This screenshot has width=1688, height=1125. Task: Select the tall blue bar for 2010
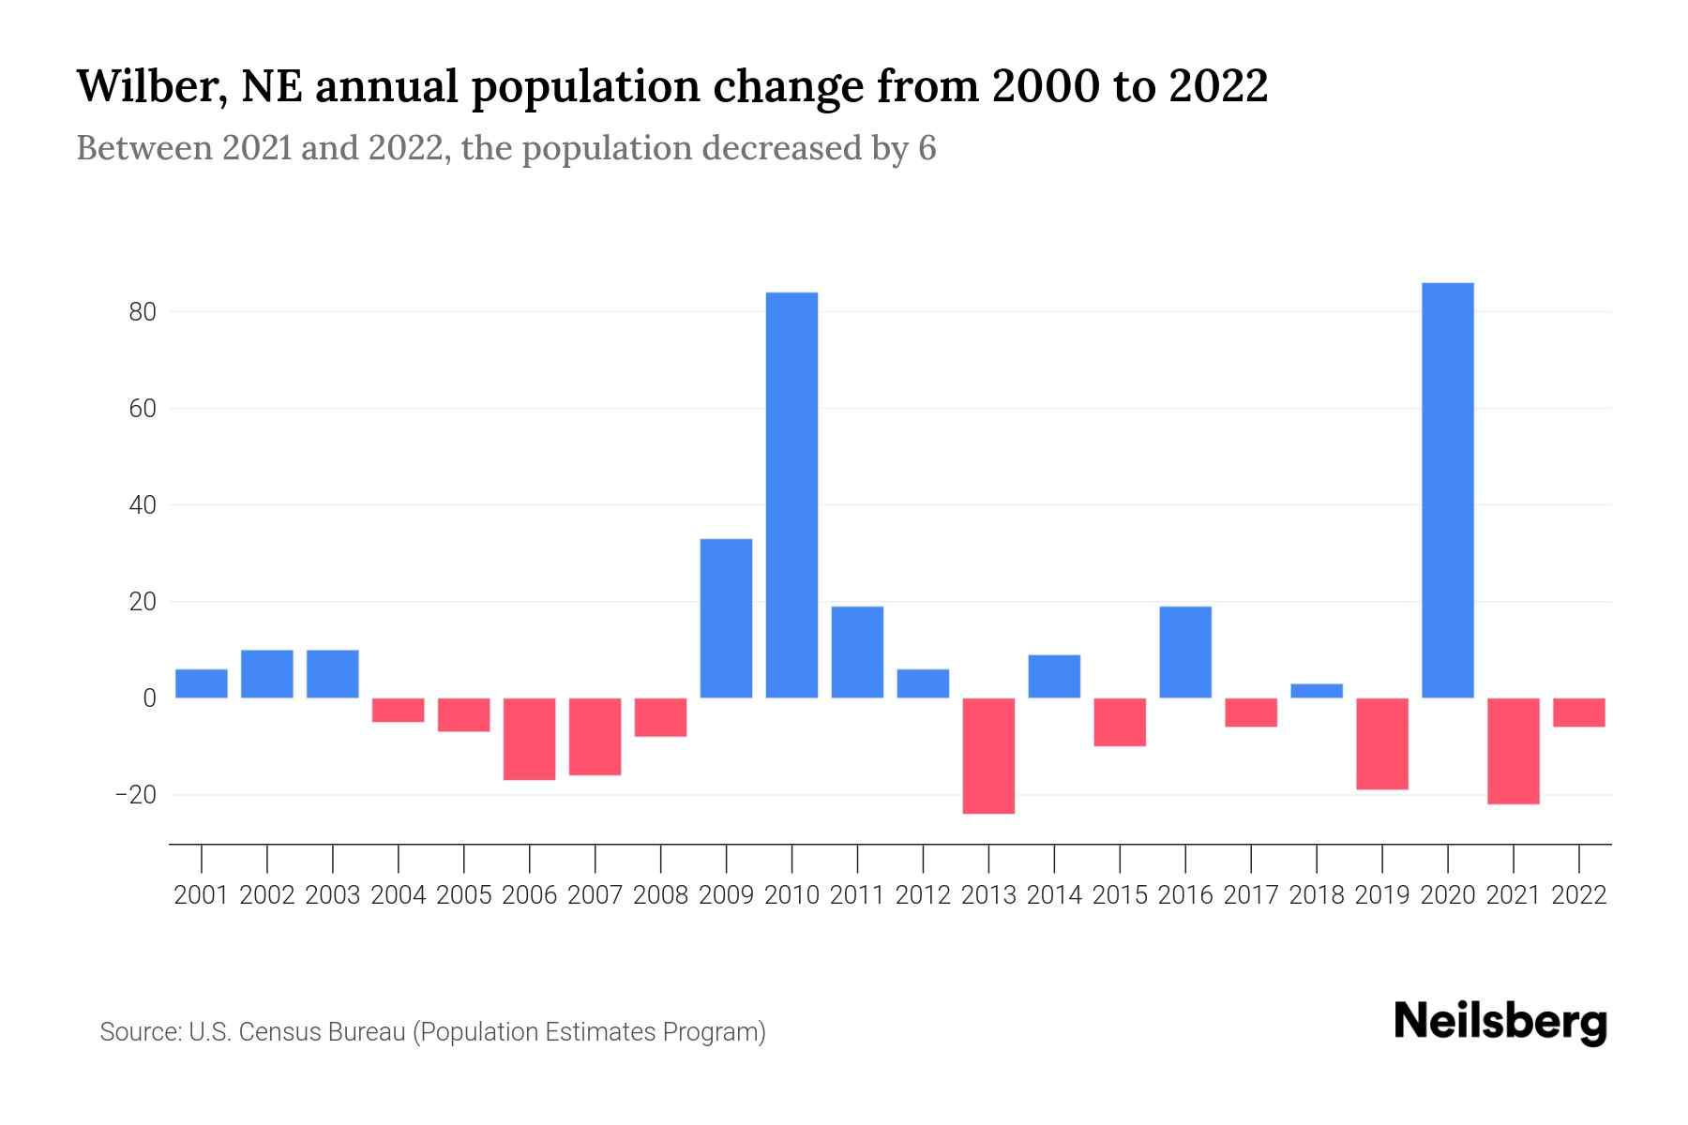[791, 495]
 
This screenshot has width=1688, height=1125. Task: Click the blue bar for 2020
[1447, 489]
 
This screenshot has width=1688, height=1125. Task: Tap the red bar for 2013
[988, 756]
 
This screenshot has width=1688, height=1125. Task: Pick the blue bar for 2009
[726, 618]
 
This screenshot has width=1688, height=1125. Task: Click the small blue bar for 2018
[1317, 691]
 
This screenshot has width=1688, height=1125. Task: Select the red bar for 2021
[1513, 751]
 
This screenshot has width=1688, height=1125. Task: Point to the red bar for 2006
[529, 739]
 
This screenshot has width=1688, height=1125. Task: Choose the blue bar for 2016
[1185, 652]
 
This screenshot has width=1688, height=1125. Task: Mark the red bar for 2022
[1578, 712]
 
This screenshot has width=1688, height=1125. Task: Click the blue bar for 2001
[202, 683]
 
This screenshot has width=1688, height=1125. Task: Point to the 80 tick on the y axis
[142, 312]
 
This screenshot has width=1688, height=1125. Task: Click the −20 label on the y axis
[134, 795]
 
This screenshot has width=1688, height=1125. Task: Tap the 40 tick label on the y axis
[142, 505]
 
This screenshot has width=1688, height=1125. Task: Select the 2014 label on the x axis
[1054, 895]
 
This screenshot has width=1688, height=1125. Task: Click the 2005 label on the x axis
[464, 895]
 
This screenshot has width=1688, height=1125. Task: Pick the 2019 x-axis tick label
[1381, 895]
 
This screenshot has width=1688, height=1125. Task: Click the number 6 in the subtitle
[927, 149]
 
